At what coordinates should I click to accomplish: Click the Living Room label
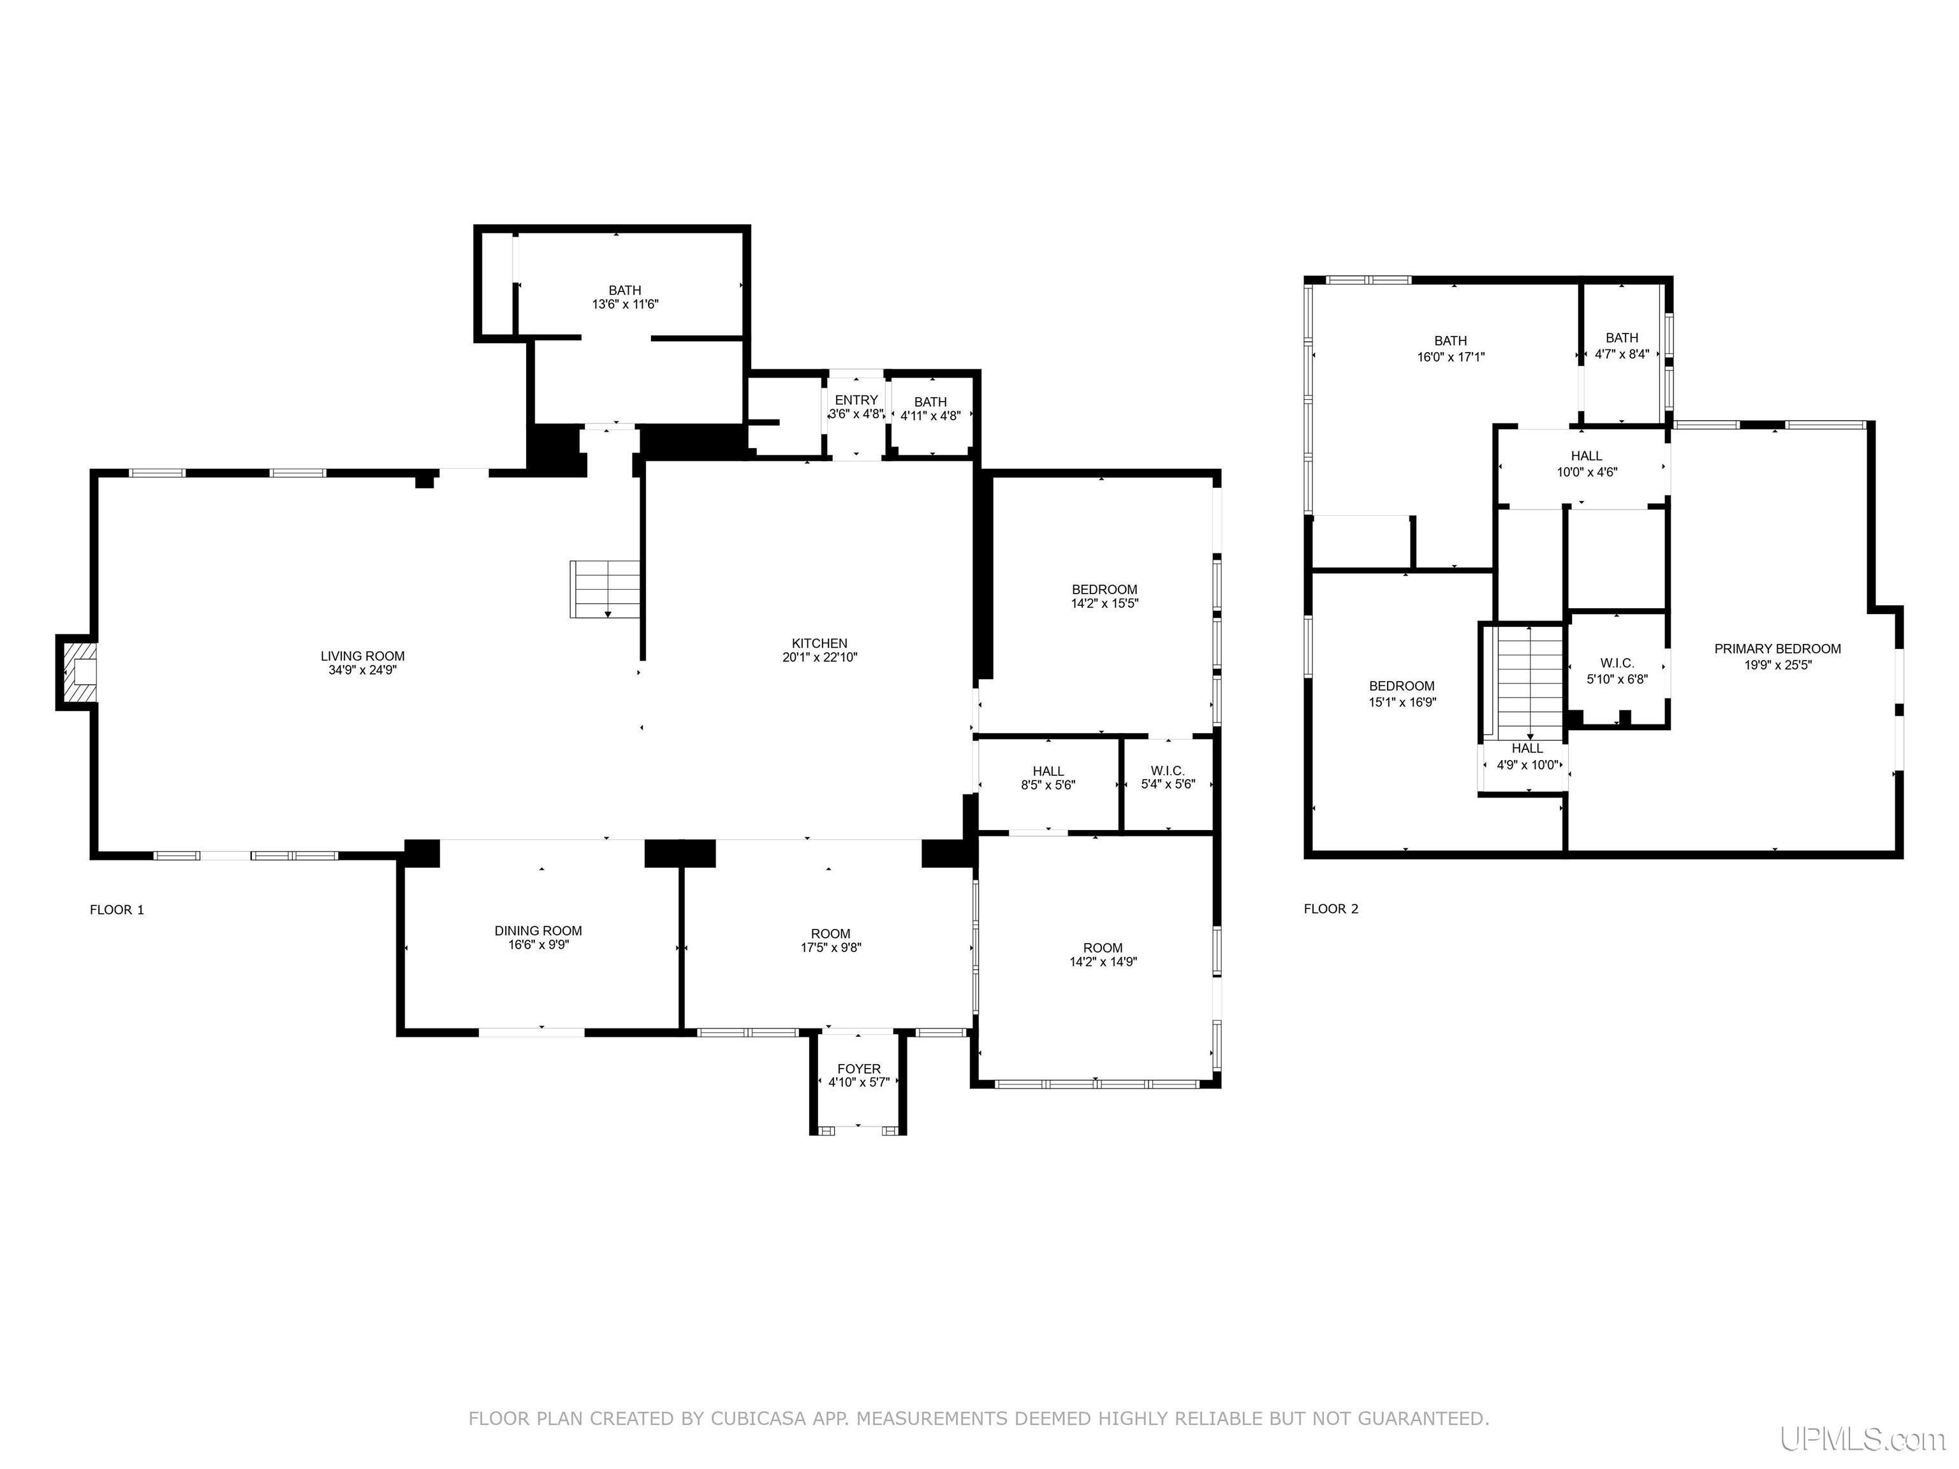pos(362,656)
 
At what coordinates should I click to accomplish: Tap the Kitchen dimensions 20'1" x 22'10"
pos(820,657)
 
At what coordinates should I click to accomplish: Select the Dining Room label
pos(538,931)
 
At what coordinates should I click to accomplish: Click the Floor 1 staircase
pos(605,589)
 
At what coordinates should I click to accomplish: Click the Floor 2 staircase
pos(1529,682)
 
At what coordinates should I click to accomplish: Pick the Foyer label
pos(859,1069)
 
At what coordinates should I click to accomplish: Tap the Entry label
pos(856,400)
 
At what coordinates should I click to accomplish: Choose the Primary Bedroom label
pos(1777,649)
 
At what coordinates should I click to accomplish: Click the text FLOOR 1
pos(117,909)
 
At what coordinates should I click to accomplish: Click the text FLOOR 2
pos(1331,909)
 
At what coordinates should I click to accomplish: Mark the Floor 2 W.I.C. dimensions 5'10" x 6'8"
pos(1617,679)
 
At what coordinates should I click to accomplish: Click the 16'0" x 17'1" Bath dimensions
pos(1451,357)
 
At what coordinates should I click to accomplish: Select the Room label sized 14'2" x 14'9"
pos(1103,947)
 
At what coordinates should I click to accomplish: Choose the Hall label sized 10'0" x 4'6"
pos(1587,456)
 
